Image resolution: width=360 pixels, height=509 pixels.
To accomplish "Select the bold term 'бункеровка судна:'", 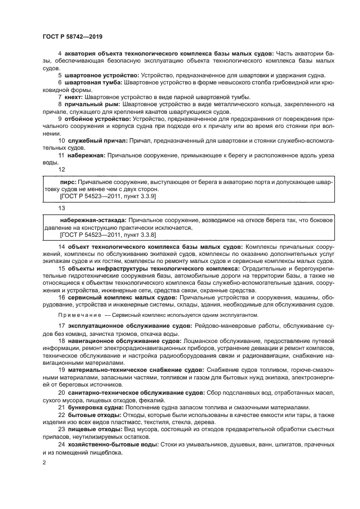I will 95,407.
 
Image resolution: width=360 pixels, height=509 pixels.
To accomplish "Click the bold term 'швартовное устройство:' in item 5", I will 101,75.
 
